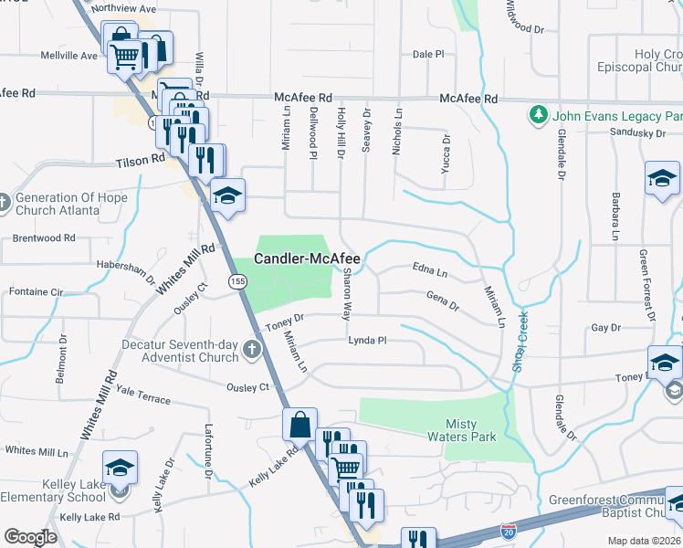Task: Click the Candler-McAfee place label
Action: click(307, 259)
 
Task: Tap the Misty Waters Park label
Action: click(471, 429)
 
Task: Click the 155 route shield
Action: click(237, 283)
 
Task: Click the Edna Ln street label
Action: click(430, 272)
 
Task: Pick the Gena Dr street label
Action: click(442, 300)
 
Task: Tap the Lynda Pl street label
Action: click(368, 341)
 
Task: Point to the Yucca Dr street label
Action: click(447, 153)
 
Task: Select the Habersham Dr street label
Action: click(124, 270)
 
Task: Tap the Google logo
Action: click(30, 537)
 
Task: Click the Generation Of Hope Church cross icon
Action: click(5, 202)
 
